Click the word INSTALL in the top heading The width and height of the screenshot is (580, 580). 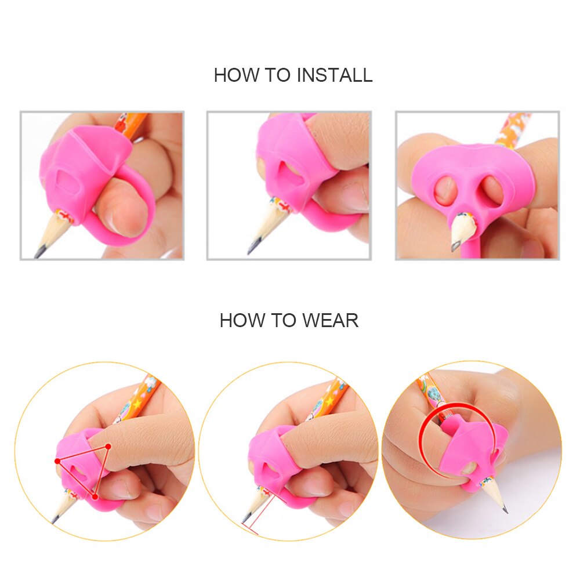click(335, 75)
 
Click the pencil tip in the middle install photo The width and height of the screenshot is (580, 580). click(251, 251)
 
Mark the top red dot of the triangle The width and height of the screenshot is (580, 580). click(107, 445)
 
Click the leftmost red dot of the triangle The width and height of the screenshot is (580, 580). click(57, 461)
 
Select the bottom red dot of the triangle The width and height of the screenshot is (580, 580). click(95, 496)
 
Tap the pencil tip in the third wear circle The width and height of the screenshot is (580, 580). click(505, 511)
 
